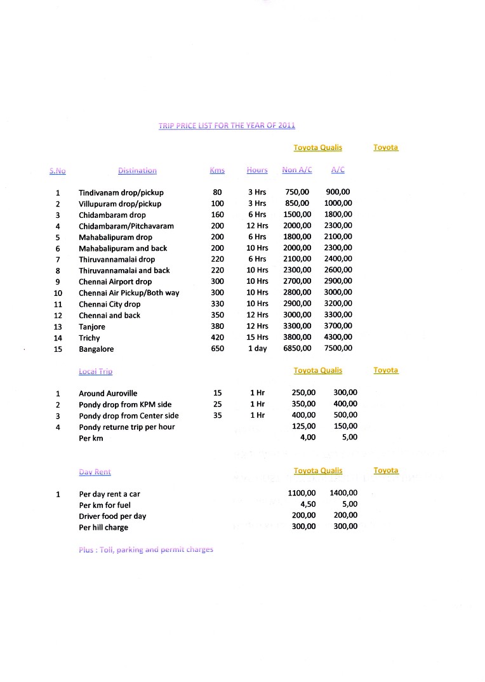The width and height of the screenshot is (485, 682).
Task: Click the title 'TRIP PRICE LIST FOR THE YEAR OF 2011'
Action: tap(227, 126)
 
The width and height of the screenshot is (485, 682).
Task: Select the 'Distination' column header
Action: tap(137, 170)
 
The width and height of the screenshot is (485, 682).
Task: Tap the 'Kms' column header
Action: tap(217, 170)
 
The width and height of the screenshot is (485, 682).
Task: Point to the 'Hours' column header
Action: tap(257, 170)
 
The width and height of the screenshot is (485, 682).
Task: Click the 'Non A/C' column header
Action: tap(297, 170)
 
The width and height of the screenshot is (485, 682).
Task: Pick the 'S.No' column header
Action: tap(58, 170)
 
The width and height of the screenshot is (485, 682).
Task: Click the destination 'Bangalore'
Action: tap(96, 349)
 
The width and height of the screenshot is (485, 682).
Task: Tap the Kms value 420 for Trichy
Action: tap(217, 338)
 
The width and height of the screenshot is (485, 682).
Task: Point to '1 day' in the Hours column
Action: tap(257, 349)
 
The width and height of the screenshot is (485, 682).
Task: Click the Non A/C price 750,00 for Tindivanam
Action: tap(297, 192)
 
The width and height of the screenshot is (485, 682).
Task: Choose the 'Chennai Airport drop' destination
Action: tap(115, 282)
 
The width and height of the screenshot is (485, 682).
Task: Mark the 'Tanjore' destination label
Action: tap(93, 327)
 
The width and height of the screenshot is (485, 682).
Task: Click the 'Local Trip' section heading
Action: tap(95, 371)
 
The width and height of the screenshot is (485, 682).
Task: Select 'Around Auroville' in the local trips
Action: tap(108, 394)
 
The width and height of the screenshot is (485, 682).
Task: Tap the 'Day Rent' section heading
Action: tap(95, 472)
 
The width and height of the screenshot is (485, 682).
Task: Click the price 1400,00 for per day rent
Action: tap(343, 493)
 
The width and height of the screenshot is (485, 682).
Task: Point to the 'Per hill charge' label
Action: tap(103, 527)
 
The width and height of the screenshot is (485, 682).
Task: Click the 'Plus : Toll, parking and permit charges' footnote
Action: tap(146, 549)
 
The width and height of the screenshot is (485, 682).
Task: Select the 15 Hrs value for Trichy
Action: tap(257, 338)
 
